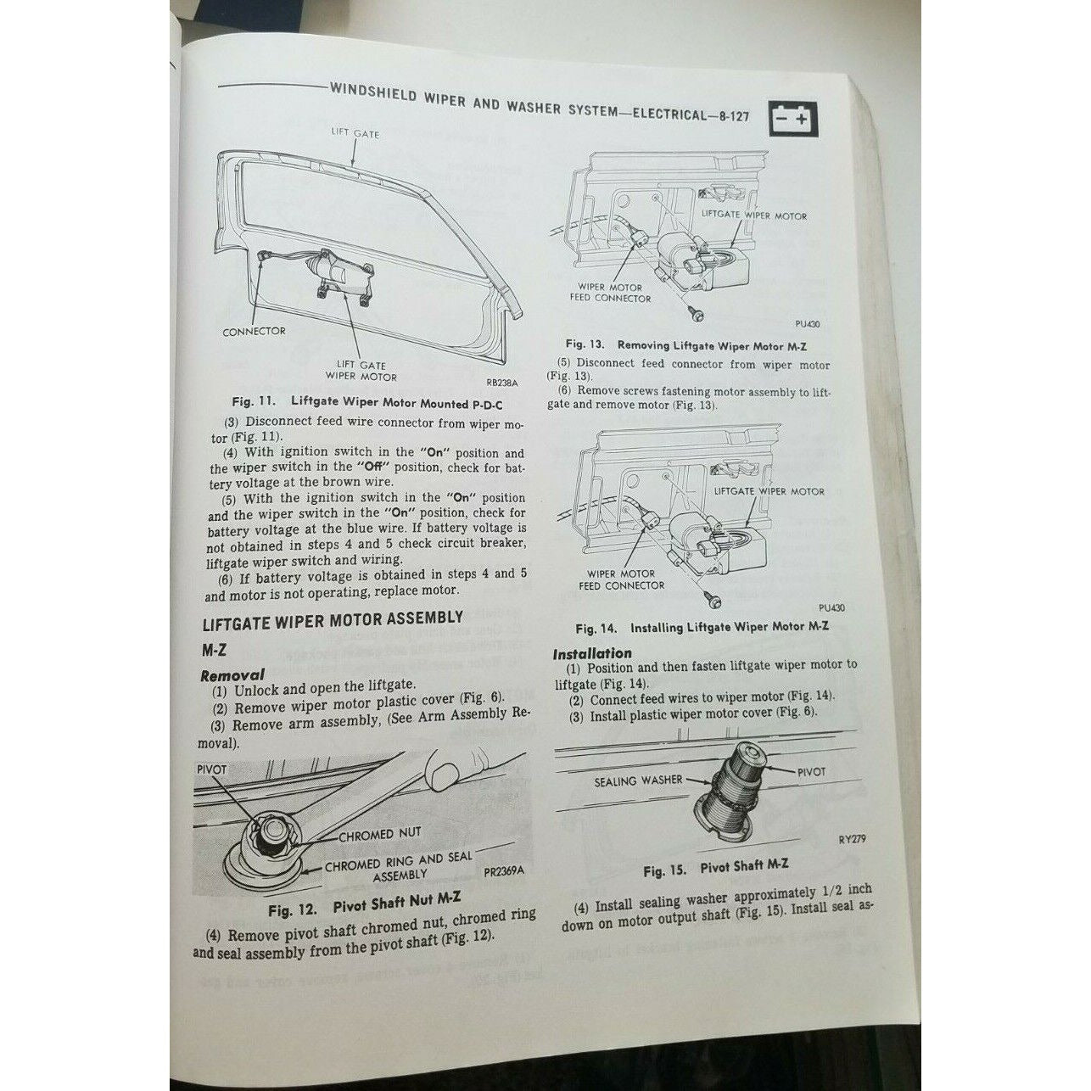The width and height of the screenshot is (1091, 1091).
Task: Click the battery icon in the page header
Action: pyautogui.click(x=794, y=120)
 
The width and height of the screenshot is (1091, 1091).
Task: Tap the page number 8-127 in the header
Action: pyautogui.click(x=732, y=116)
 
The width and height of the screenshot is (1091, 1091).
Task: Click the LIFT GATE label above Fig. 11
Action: pyautogui.click(x=355, y=133)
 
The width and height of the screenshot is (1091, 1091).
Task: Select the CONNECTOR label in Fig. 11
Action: pyautogui.click(x=255, y=331)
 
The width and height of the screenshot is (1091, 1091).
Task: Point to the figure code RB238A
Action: pyautogui.click(x=501, y=382)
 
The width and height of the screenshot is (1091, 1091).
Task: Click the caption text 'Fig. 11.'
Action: pyautogui.click(x=254, y=401)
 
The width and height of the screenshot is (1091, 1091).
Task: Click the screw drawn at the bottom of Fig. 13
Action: pyautogui.click(x=697, y=312)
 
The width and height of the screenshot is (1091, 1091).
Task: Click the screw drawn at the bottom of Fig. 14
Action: pyautogui.click(x=713, y=598)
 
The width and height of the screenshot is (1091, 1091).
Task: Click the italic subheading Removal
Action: pyautogui.click(x=232, y=674)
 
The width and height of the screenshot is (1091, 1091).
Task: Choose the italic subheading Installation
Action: pyautogui.click(x=591, y=654)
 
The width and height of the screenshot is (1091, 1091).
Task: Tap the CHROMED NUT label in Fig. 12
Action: pyautogui.click(x=380, y=835)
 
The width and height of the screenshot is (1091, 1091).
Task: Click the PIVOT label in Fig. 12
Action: pyautogui.click(x=211, y=770)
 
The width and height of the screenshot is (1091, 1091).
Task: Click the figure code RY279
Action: pyautogui.click(x=852, y=839)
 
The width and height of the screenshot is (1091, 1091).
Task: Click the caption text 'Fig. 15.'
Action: pyautogui.click(x=664, y=870)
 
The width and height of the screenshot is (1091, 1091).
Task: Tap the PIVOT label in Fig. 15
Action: pyautogui.click(x=811, y=771)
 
